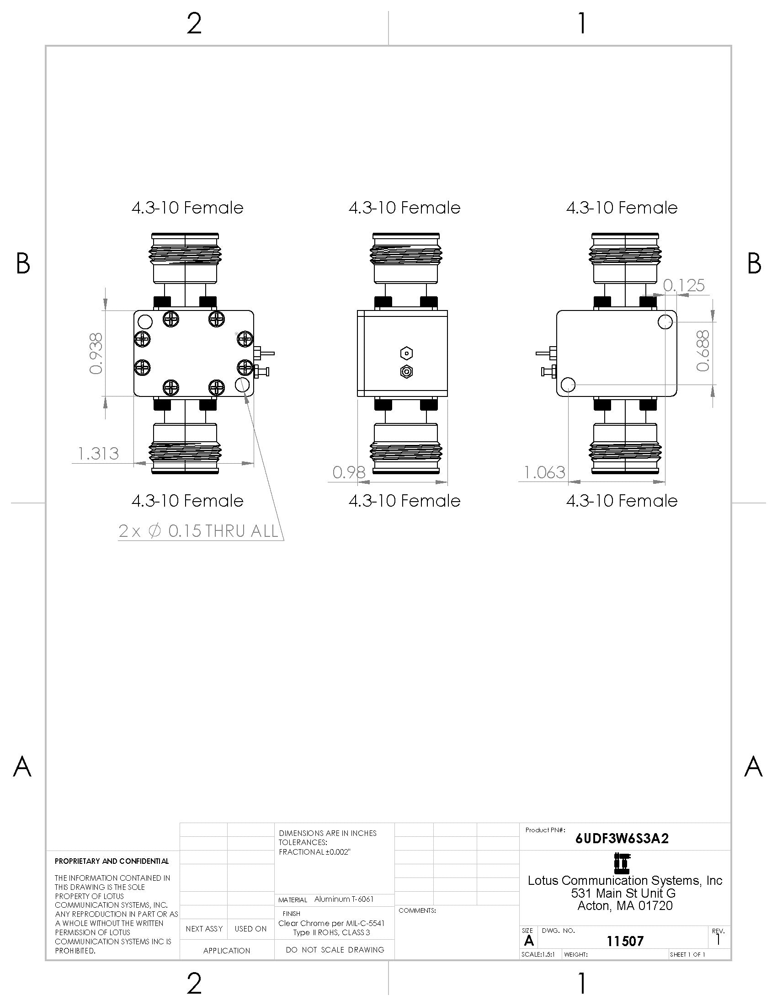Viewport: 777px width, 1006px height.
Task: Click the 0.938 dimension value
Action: [x=96, y=353]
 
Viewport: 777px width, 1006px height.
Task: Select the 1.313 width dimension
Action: [x=98, y=454]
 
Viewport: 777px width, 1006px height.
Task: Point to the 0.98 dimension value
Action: [x=349, y=472]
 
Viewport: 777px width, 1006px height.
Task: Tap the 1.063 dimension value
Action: [x=544, y=472]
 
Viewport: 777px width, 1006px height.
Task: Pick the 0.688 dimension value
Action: [x=702, y=351]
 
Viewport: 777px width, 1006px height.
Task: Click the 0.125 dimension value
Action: [x=684, y=286]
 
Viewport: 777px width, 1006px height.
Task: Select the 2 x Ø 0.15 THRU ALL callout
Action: [x=199, y=531]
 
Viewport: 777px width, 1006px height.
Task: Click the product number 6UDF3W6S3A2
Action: [x=622, y=838]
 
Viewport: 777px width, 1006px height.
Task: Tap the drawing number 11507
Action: [x=625, y=941]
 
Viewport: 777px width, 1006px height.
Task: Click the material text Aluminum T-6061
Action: [x=344, y=899]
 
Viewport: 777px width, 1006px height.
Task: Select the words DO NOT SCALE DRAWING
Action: [x=335, y=950]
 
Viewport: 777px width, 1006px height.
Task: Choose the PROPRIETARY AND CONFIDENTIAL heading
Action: [x=112, y=861]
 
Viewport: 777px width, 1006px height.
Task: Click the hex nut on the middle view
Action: [x=406, y=353]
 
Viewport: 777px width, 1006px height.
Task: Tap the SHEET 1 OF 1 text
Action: [x=687, y=954]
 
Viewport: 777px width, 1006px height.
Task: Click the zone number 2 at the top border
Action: [x=194, y=24]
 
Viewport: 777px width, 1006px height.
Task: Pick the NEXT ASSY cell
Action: [x=204, y=929]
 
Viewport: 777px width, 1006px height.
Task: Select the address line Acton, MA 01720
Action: [x=625, y=906]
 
